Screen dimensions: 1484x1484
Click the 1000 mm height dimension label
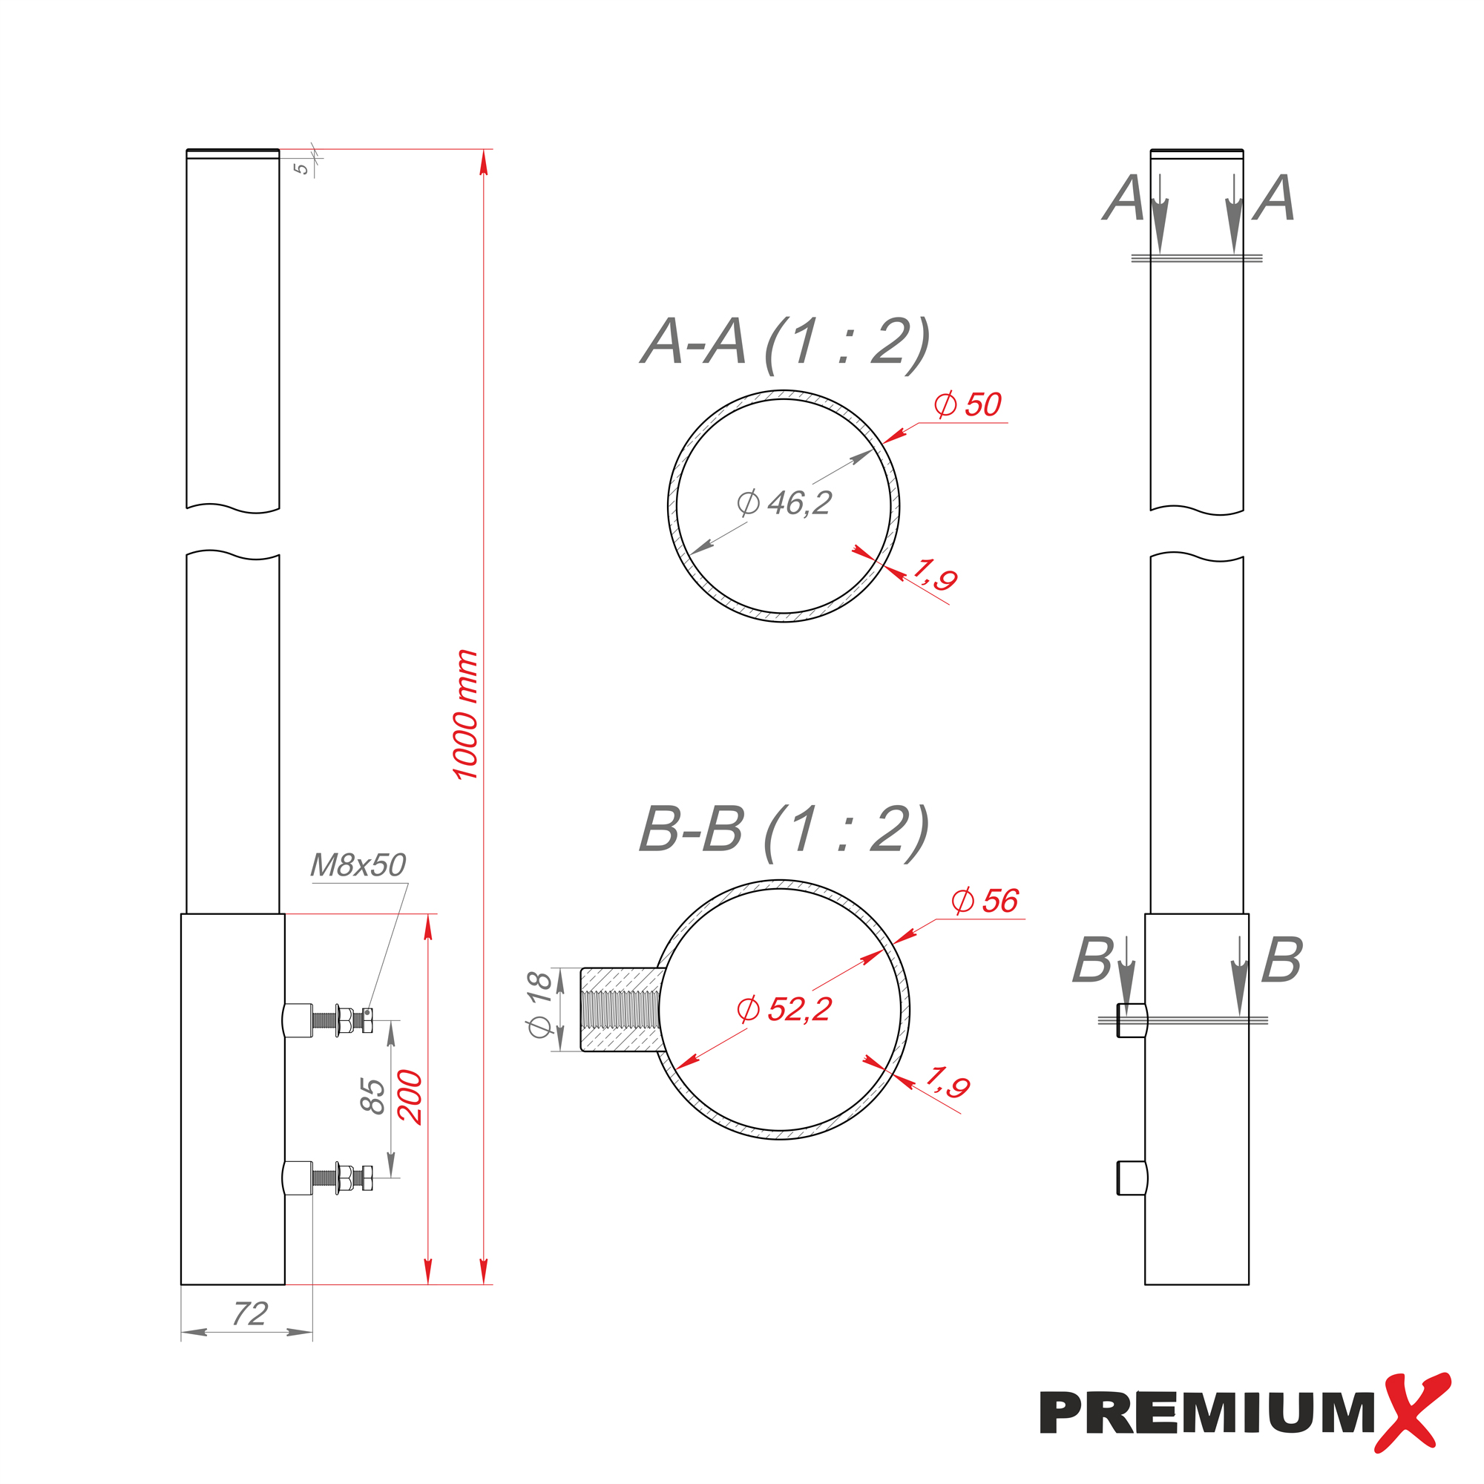pyautogui.click(x=465, y=715)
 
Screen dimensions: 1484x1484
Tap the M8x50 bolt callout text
pyautogui.click(x=358, y=866)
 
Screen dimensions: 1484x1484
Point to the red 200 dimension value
pyautogui.click(x=410, y=1097)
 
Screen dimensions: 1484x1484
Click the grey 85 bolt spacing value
pyautogui.click(x=372, y=1096)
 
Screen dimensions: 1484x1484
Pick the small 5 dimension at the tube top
pyautogui.click(x=303, y=168)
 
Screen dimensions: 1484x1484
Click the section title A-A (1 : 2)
pyautogui.click(x=785, y=343)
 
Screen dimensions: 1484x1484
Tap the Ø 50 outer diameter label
pyautogui.click(x=968, y=405)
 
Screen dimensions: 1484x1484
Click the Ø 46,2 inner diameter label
pyautogui.click(x=784, y=503)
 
